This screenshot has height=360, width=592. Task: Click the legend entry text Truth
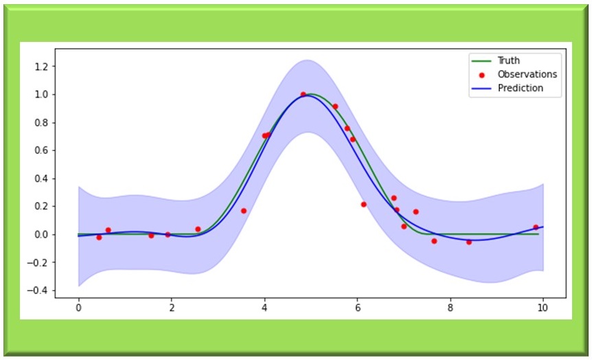[509, 60]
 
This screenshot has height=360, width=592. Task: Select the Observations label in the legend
[527, 74]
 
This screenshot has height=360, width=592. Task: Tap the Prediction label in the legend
[520, 88]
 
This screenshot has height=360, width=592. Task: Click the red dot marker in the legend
[481, 74]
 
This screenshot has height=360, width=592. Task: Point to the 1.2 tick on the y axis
[48, 66]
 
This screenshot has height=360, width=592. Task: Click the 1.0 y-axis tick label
[48, 94]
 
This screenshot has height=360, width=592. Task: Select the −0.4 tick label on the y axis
[45, 291]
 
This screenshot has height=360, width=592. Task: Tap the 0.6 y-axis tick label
[48, 150]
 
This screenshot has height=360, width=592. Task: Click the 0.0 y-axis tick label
[48, 234]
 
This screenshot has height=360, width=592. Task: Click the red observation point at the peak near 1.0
[303, 94]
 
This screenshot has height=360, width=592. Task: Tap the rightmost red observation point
[536, 227]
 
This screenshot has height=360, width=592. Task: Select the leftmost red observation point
[99, 237]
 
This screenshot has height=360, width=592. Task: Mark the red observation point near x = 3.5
[243, 211]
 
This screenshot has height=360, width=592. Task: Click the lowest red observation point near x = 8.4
[469, 242]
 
